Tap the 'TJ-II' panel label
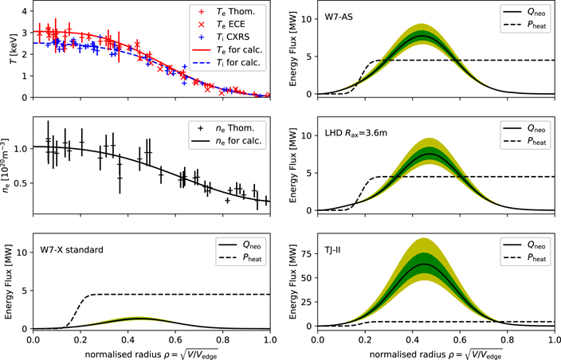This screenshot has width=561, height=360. (x=335, y=249)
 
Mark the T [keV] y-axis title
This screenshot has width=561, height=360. (x=8, y=52)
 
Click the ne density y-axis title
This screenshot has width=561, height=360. (x=8, y=170)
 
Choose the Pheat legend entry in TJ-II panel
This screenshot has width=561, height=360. (x=524, y=259)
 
